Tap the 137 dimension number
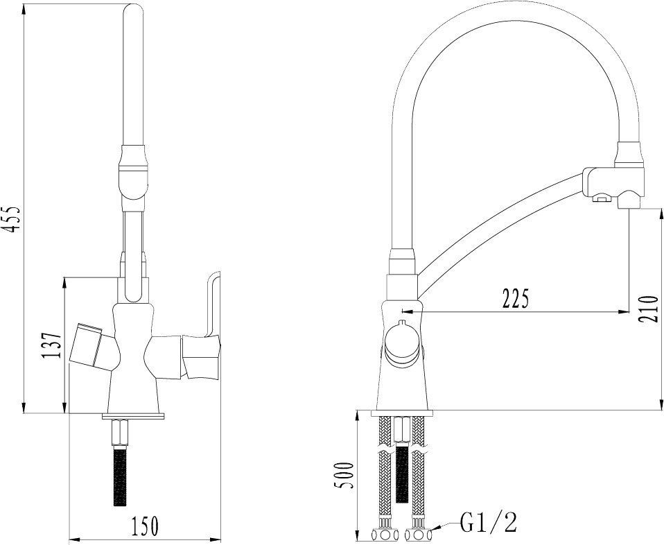click(x=52, y=345)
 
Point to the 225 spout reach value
click(x=516, y=298)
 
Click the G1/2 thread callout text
click(x=489, y=521)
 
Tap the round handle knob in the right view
click(x=402, y=342)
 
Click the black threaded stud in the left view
click(x=121, y=476)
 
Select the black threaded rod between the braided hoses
click(x=401, y=473)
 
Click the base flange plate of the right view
click(x=402, y=413)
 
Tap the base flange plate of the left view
click(x=133, y=417)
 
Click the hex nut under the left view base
click(x=121, y=432)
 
